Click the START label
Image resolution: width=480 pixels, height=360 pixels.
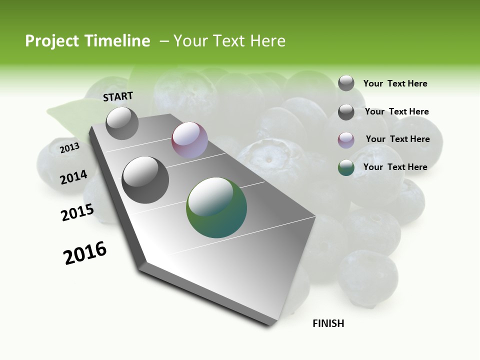click(x=118, y=96)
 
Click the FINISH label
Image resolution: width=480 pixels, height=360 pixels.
click(x=328, y=323)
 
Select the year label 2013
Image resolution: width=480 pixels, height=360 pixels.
click(x=69, y=147)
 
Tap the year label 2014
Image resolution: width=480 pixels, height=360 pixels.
click(x=73, y=177)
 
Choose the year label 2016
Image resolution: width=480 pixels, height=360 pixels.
click(x=85, y=253)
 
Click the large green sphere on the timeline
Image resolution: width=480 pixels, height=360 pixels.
click(x=216, y=207)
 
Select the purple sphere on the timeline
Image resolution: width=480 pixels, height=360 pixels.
click(x=189, y=140)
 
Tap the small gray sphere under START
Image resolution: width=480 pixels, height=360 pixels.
click(x=122, y=123)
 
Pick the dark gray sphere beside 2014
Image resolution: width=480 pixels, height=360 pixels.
click(x=145, y=179)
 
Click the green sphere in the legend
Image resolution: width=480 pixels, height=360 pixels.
click(x=346, y=167)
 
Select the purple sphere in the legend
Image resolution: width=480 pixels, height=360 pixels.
click(x=346, y=140)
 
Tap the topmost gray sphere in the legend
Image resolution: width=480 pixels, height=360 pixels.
click(x=346, y=83)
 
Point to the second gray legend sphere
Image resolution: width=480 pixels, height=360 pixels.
click(x=346, y=112)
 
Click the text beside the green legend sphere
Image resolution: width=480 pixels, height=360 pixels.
click(x=395, y=167)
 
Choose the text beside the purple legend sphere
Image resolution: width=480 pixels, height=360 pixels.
click(x=397, y=139)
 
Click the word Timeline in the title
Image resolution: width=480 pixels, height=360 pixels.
click(x=117, y=41)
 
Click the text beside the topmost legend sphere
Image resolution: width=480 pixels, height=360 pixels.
click(x=395, y=83)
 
